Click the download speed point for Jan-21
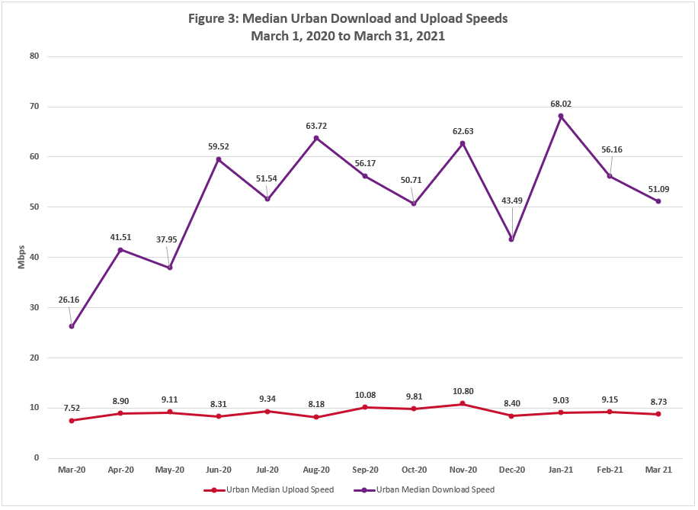point(560,117)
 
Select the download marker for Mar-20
point(72,326)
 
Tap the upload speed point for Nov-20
point(463,404)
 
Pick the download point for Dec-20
point(511,239)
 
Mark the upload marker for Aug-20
point(316,417)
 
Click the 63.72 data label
point(316,125)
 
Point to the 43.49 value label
point(511,200)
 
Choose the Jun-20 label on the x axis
point(219,469)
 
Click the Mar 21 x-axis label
point(658,469)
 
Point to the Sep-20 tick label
point(365,469)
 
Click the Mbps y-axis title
point(21,257)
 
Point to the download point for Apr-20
point(120,250)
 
